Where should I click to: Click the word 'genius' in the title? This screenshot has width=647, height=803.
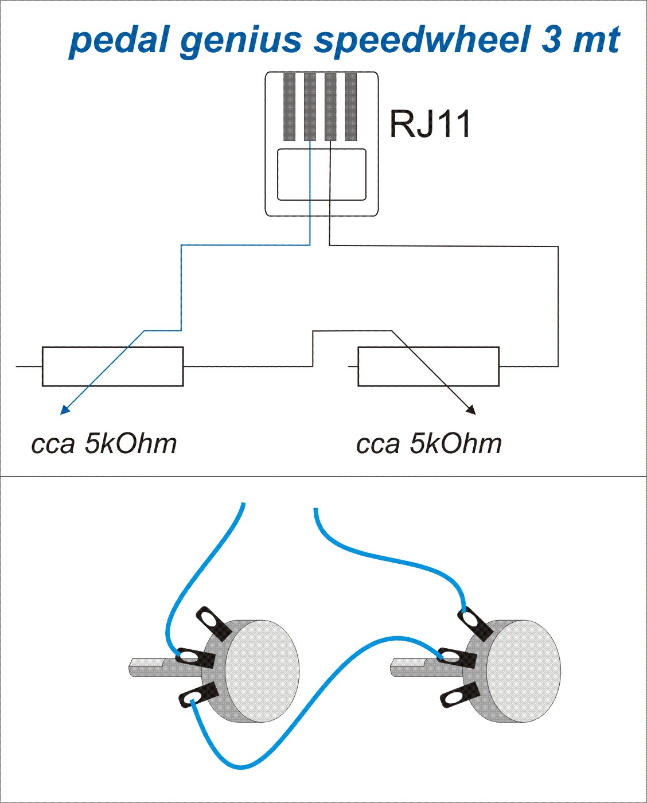click(x=240, y=40)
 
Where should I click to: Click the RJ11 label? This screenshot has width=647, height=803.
click(x=430, y=123)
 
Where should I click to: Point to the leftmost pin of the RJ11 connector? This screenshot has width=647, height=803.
click(x=289, y=107)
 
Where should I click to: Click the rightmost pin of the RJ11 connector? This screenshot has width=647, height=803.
click(x=351, y=107)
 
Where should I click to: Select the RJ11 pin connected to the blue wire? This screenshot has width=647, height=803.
click(x=310, y=107)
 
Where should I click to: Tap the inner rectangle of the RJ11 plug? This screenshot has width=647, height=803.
click(x=321, y=174)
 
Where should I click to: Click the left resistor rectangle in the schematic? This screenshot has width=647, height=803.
click(x=112, y=366)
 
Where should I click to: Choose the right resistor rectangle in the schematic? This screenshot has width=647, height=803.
click(x=428, y=366)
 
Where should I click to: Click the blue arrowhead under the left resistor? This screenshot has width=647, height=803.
click(x=65, y=409)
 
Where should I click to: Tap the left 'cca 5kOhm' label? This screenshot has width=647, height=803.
click(x=104, y=444)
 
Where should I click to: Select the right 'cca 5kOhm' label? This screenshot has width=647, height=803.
click(x=428, y=444)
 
